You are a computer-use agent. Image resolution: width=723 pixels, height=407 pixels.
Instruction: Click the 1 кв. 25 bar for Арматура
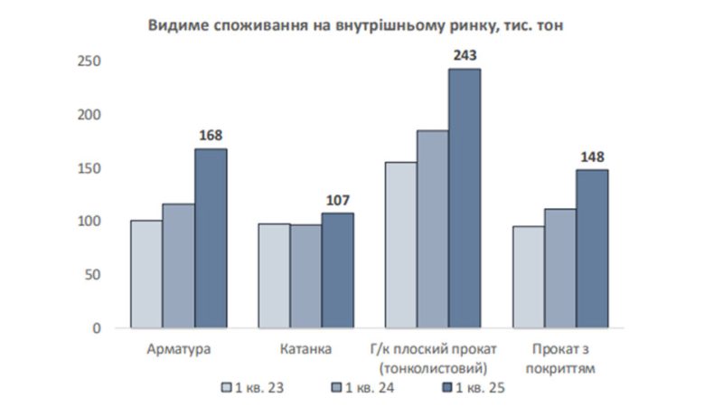pyautogui.click(x=211, y=238)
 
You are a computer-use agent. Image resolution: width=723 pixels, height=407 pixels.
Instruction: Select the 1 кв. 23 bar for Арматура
pyautogui.click(x=146, y=274)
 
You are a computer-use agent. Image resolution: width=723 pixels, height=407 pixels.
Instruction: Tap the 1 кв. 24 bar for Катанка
pyautogui.click(x=306, y=277)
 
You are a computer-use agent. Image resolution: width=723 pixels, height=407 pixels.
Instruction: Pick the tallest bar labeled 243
pyautogui.click(x=465, y=198)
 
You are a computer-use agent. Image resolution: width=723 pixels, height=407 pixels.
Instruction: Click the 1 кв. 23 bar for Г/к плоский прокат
pyautogui.click(x=401, y=245)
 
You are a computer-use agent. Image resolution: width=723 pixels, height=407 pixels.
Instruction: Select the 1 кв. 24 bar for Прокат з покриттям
pyautogui.click(x=560, y=269)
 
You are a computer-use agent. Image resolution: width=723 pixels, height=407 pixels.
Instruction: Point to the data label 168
pyautogui.click(x=211, y=135)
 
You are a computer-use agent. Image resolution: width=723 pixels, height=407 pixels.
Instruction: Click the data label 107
pyautogui.click(x=338, y=200)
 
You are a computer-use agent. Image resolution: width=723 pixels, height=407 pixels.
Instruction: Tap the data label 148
pyautogui.click(x=592, y=156)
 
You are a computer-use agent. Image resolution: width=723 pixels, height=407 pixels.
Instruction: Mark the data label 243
pyautogui.click(x=465, y=55)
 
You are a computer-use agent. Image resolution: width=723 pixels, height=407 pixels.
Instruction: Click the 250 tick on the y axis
pyautogui.click(x=89, y=61)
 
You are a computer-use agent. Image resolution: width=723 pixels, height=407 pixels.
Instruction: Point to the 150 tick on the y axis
pyautogui.click(x=89, y=168)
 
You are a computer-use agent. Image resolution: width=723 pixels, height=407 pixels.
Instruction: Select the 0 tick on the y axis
pyautogui.click(x=97, y=328)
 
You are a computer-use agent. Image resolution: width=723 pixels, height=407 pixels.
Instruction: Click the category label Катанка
pyautogui.click(x=305, y=349)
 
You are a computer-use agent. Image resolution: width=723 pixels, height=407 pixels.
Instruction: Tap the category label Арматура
pyautogui.click(x=179, y=349)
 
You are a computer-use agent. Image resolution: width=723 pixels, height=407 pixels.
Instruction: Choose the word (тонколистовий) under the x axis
pyautogui.click(x=433, y=369)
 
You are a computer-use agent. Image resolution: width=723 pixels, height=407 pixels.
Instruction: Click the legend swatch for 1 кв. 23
pyautogui.click(x=226, y=387)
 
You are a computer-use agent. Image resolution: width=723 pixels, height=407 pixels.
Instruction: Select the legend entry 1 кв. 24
pyautogui.click(x=363, y=388)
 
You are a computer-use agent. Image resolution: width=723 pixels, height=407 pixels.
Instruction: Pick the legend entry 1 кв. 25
pyautogui.click(x=474, y=388)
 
